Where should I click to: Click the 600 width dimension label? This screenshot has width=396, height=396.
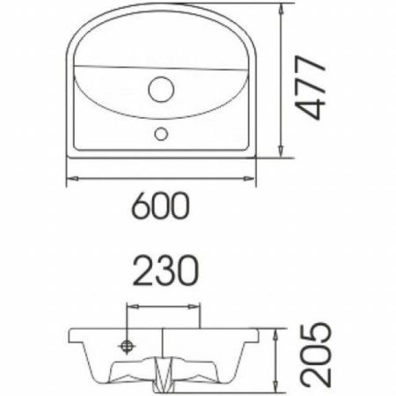[x=160, y=208]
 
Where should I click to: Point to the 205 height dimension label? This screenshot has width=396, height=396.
[x=315, y=355]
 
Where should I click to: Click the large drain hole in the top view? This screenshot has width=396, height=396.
[x=162, y=90]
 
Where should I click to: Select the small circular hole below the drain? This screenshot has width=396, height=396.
[x=162, y=134]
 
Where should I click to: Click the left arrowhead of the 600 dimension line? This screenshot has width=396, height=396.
[x=70, y=179]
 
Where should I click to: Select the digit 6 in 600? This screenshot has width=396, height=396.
[x=140, y=208]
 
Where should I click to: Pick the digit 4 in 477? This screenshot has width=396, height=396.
[x=309, y=109]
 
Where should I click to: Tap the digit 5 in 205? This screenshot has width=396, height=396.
[x=315, y=335]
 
